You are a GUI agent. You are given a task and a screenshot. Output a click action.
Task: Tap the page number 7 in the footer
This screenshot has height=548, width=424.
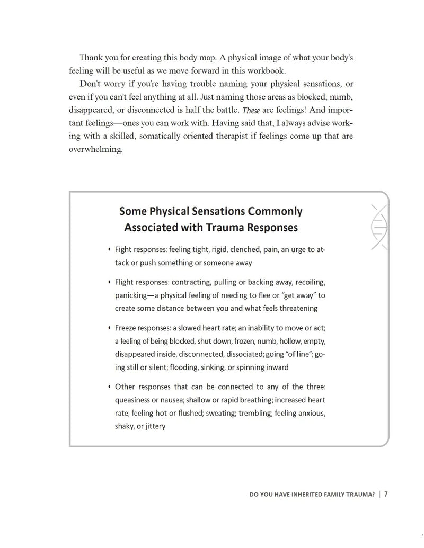pyautogui.click(x=386, y=495)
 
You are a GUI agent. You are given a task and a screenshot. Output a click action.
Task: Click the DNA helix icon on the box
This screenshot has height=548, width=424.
pyautogui.click(x=378, y=227)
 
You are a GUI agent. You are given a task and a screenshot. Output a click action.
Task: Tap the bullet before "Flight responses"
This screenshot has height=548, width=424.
pyautogui.click(x=109, y=282)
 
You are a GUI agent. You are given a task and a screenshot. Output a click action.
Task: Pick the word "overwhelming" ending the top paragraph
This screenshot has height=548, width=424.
pyautogui.click(x=95, y=149)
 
